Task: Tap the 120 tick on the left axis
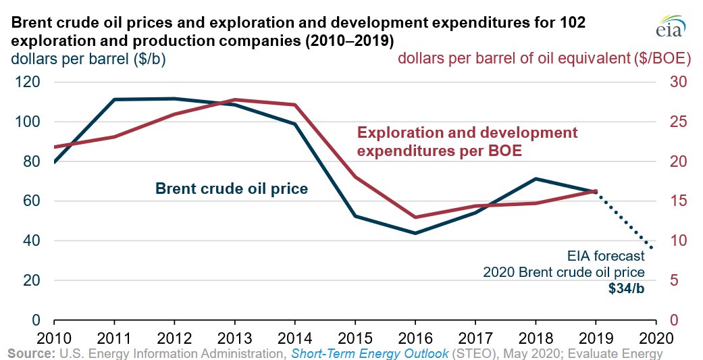tap(26, 82)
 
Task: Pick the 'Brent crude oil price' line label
tap(232, 189)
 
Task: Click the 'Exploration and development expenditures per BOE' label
tap(467, 141)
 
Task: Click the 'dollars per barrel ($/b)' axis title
tap(88, 59)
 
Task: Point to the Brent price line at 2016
tap(415, 233)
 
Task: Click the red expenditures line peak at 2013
tap(234, 99)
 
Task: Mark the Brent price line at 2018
tap(535, 179)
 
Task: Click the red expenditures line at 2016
tap(415, 217)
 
